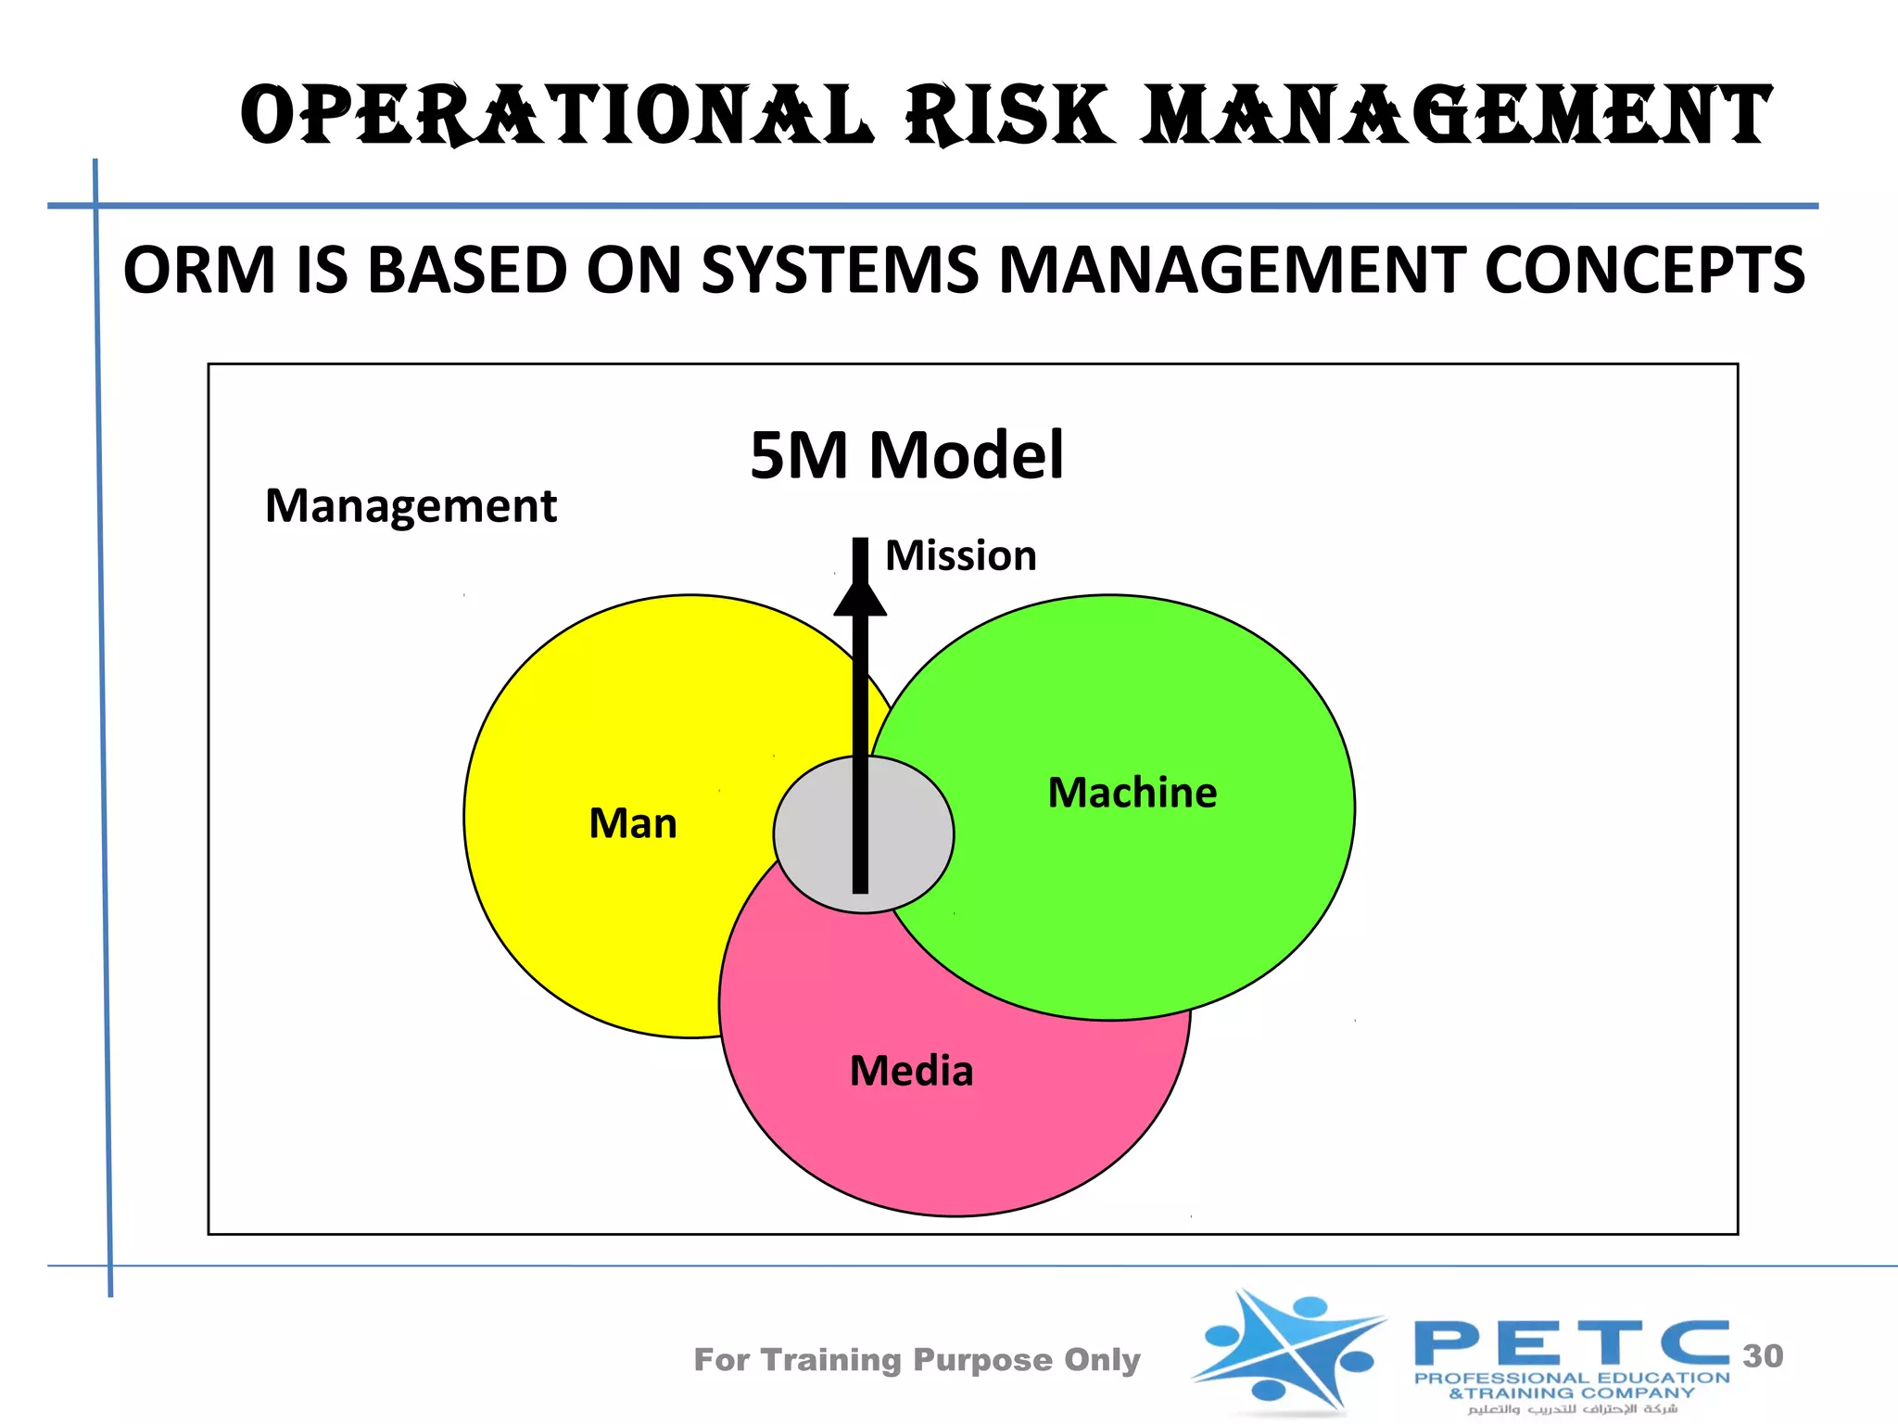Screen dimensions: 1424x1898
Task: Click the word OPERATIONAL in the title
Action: (x=556, y=116)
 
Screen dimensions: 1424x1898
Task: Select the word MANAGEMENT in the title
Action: (x=1457, y=116)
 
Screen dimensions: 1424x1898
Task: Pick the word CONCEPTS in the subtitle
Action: (x=1644, y=271)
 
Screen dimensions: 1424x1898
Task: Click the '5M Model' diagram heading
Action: (x=906, y=455)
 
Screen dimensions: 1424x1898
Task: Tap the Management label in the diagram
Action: (x=411, y=506)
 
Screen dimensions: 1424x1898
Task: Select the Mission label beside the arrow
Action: (x=960, y=556)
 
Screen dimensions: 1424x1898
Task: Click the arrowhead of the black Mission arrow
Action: (x=860, y=598)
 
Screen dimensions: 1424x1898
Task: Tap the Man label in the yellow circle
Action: (x=633, y=823)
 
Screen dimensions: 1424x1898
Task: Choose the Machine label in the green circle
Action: (x=1132, y=793)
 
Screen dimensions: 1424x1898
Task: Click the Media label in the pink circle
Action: (x=911, y=1072)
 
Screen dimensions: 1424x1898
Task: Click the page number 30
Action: (x=1762, y=1355)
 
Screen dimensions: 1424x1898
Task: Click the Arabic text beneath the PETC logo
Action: (x=1573, y=1409)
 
